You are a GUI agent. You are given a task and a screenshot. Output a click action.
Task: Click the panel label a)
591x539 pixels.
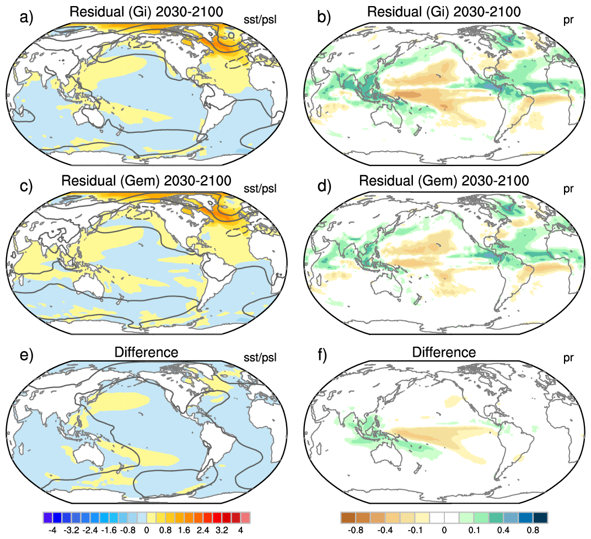(x=26, y=17)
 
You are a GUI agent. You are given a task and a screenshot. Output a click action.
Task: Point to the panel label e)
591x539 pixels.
(x=26, y=354)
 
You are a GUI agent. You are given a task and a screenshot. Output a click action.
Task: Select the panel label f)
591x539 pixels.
(x=323, y=354)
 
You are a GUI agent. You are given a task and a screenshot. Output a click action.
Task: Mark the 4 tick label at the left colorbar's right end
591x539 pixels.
(x=240, y=530)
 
